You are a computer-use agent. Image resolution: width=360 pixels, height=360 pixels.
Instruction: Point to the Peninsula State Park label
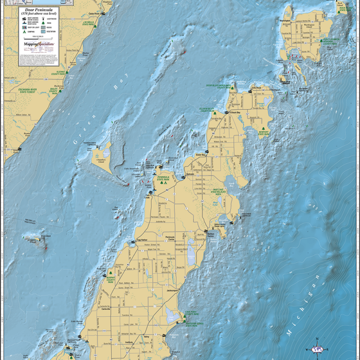(x=165, y=178)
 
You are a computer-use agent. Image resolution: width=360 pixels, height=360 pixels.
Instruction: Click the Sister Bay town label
(x=200, y=155)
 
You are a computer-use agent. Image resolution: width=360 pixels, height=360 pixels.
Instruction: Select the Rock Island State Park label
(x=344, y=8)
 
